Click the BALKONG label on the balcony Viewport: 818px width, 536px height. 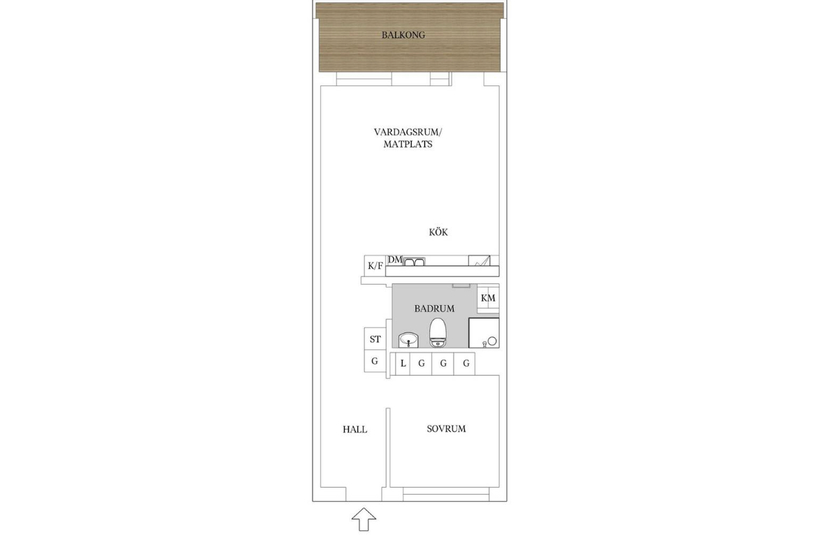[x=403, y=35]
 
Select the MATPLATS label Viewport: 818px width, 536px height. [x=408, y=144]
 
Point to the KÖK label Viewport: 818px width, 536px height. [x=438, y=232]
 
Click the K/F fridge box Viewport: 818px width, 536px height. [x=375, y=266]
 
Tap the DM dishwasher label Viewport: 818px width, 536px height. [x=395, y=260]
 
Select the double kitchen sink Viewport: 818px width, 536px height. [x=414, y=262]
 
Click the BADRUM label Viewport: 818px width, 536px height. [x=435, y=309]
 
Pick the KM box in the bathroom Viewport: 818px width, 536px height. [x=488, y=298]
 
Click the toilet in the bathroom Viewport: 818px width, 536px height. [x=438, y=332]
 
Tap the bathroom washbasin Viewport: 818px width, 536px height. [x=408, y=340]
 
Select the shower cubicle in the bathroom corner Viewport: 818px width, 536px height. [x=484, y=333]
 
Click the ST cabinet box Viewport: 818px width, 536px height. [x=375, y=339]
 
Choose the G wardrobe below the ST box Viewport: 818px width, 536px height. [x=375, y=361]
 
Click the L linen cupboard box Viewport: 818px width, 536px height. [x=403, y=363]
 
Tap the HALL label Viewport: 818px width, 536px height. [x=354, y=430]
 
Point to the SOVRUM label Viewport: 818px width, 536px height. [x=446, y=429]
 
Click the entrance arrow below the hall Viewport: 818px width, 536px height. [x=364, y=520]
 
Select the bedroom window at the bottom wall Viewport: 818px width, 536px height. [x=447, y=494]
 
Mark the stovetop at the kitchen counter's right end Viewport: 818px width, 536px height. [x=480, y=260]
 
